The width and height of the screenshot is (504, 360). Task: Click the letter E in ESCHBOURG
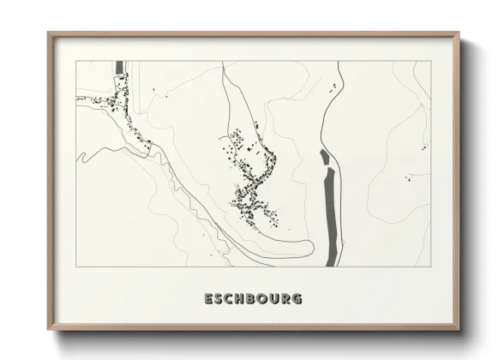208,299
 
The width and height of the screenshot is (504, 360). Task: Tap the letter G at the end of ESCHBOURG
296,299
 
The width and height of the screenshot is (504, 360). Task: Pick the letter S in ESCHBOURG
219,299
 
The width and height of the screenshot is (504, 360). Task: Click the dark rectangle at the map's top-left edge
119,67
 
